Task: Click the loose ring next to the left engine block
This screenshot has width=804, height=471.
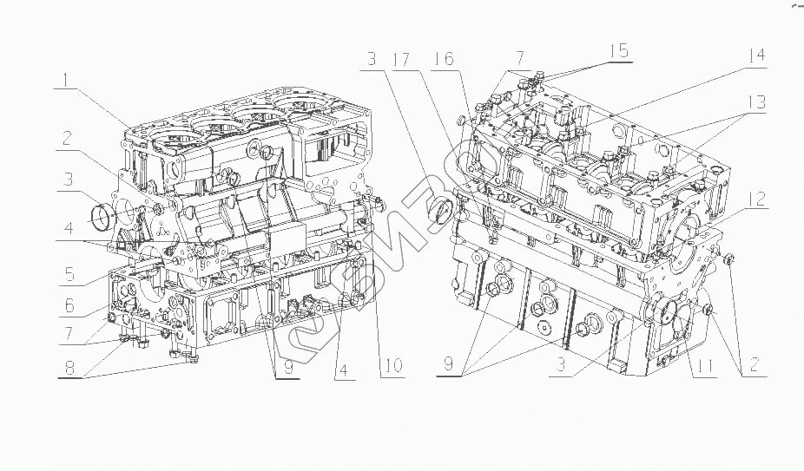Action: click(103, 211)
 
